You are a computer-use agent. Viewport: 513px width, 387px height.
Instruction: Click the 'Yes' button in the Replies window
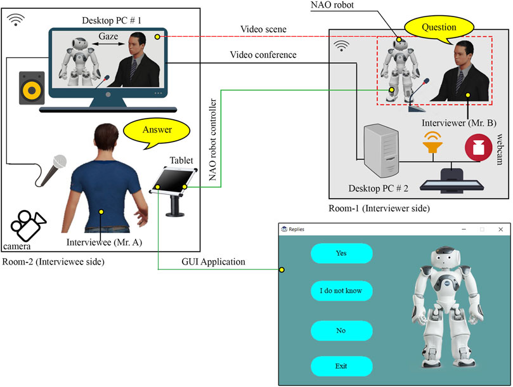coord(341,253)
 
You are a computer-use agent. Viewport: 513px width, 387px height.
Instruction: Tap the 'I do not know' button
coord(341,292)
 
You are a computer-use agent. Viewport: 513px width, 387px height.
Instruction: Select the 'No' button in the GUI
coord(341,331)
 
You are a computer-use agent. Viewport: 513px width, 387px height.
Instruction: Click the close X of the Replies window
coord(500,229)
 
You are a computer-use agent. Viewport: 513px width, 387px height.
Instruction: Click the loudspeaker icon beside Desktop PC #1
coord(30,88)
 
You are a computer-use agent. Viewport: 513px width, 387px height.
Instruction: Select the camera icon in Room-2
coord(28,223)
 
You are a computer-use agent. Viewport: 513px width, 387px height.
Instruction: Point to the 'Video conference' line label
coord(264,55)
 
